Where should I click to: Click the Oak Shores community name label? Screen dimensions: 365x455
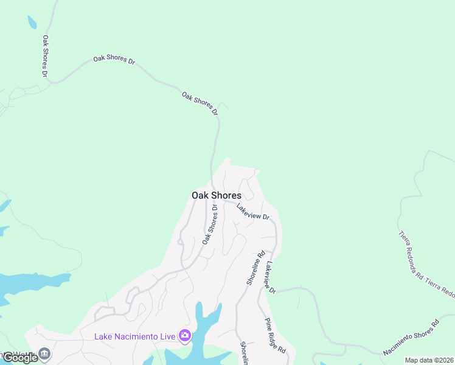[x=216, y=195]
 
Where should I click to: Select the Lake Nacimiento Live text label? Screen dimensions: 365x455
[x=134, y=336]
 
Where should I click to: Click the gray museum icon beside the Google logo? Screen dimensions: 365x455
[x=44, y=353]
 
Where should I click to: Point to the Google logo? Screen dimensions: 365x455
[x=20, y=357]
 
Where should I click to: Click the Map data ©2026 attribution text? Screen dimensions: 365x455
[x=429, y=360]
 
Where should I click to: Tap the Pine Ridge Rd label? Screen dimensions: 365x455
[x=275, y=336]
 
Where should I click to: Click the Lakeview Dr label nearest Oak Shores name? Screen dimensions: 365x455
[x=252, y=212]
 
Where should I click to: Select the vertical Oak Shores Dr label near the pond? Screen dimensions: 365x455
[x=45, y=55]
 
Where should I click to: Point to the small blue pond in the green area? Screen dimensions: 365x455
[x=32, y=23]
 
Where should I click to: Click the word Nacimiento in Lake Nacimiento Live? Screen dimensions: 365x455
[x=134, y=336]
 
